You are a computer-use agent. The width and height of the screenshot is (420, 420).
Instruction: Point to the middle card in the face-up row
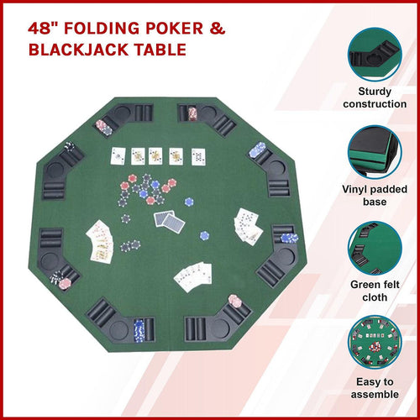pyautogui.click(x=156, y=155)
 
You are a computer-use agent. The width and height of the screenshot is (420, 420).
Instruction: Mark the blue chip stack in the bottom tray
pyautogui.click(x=139, y=330)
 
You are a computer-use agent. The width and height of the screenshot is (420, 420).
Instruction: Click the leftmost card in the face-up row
pyautogui.click(x=117, y=155)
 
